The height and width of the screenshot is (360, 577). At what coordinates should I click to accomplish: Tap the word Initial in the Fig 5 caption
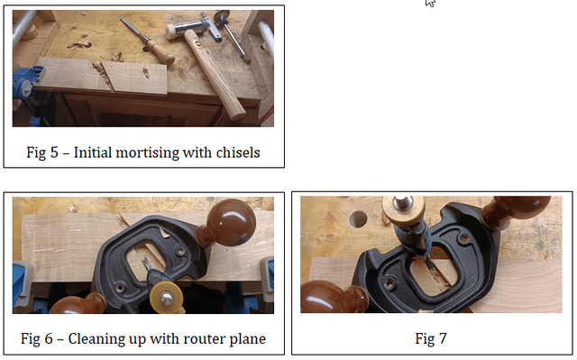tap(93, 152)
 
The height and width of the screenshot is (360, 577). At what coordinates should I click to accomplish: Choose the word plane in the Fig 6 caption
tap(248, 339)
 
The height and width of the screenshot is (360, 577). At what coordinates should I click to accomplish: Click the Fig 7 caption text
tap(431, 338)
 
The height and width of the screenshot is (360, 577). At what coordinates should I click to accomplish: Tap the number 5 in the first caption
tap(54, 152)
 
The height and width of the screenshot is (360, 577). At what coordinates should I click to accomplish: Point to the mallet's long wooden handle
tap(215, 76)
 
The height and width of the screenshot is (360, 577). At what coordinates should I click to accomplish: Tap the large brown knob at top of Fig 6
tap(229, 223)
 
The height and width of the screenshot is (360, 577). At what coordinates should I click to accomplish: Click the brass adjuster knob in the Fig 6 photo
tap(166, 297)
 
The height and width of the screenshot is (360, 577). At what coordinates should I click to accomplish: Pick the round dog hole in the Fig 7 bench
tap(358, 220)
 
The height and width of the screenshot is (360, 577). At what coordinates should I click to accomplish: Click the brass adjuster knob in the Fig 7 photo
tap(403, 208)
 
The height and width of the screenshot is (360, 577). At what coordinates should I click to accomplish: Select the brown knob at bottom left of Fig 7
tap(331, 298)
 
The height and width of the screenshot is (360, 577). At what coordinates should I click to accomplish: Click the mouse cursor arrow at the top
tap(430, 3)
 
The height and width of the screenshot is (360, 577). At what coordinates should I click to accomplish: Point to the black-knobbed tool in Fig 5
tap(230, 33)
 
